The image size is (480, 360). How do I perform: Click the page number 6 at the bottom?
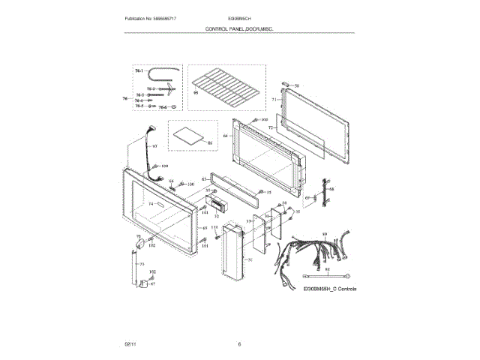pyautogui.click(x=239, y=343)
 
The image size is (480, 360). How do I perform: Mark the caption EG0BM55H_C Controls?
pyautogui.click(x=330, y=289)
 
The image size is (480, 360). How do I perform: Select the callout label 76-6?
pyautogui.click(x=163, y=108)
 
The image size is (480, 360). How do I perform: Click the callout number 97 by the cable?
pyautogui.click(x=153, y=147)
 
